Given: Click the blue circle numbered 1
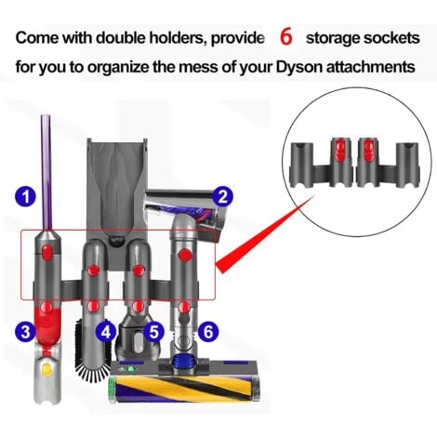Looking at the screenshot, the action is pyautogui.click(x=26, y=196).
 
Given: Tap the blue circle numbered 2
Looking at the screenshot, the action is pyautogui.click(x=223, y=196).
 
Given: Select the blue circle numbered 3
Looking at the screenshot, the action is pyautogui.click(x=26, y=332).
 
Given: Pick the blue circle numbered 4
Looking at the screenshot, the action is pyautogui.click(x=106, y=332).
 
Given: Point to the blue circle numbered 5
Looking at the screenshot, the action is pyautogui.click(x=154, y=332).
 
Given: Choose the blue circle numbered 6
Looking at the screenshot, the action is pyautogui.click(x=208, y=332).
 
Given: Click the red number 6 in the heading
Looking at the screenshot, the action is pyautogui.click(x=286, y=37).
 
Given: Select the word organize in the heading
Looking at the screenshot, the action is pyautogui.click(x=118, y=67).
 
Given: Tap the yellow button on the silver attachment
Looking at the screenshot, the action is pyautogui.click(x=46, y=368).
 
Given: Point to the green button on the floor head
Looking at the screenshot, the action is pyautogui.click(x=133, y=369).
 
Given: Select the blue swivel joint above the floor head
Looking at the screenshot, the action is pyautogui.click(x=184, y=362).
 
